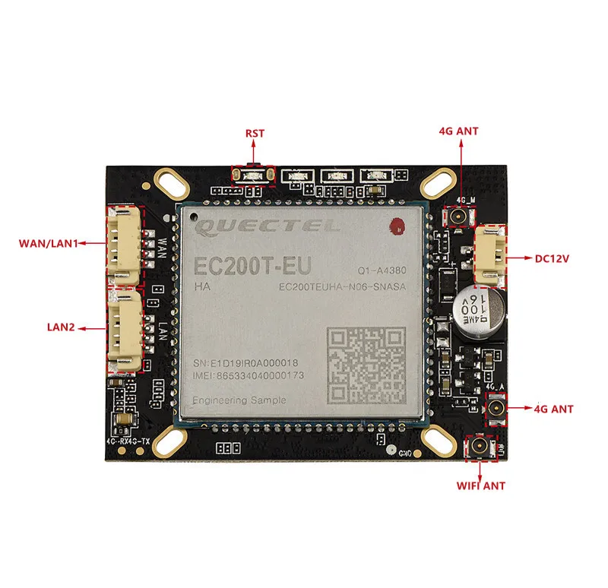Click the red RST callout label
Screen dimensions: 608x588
coord(255,133)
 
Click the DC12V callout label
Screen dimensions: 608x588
coord(552,258)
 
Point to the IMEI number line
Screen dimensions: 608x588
coord(249,375)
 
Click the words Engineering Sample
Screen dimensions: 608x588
coord(239,400)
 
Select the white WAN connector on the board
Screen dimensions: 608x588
coord(124,245)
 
